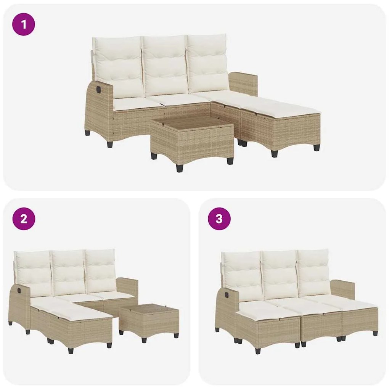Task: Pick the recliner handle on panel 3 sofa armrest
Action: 224,295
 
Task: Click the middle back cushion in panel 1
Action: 165,66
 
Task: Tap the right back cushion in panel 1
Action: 208,63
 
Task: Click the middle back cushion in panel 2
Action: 69,272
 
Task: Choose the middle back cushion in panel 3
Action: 280,273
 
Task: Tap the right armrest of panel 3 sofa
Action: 342,289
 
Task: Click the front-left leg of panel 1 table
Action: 180,167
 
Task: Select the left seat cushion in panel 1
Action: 132,103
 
